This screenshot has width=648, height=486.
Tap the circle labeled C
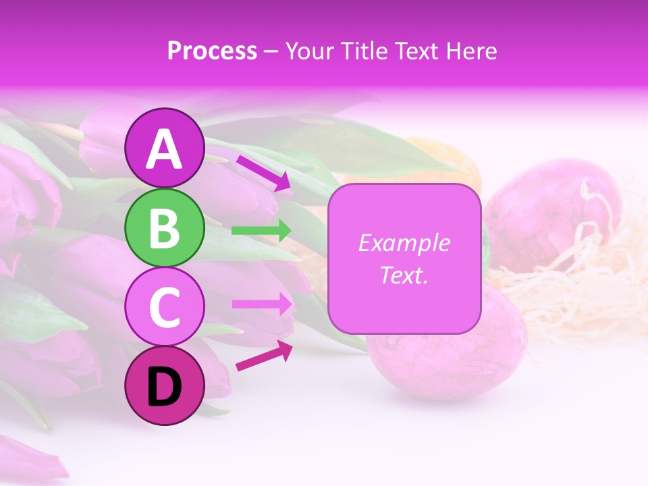[165, 307]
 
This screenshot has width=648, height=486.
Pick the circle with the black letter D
[165, 386]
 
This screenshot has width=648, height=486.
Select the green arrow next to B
[261, 231]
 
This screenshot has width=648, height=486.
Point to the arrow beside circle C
[262, 304]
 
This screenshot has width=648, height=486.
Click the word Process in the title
[212, 51]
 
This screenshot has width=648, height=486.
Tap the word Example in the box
[404, 243]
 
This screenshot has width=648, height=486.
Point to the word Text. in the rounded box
[404, 275]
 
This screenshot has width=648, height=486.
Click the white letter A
[165, 150]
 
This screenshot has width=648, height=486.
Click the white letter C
[165, 308]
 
